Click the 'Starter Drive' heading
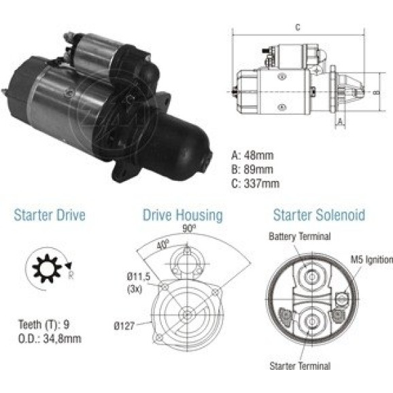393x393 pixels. [x=50, y=215]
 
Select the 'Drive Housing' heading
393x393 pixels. [x=182, y=216]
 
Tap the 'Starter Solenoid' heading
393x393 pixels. [x=319, y=215]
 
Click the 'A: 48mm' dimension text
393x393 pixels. [x=252, y=156]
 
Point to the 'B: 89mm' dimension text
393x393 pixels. [x=252, y=170]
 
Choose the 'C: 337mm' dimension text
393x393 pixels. [x=255, y=184]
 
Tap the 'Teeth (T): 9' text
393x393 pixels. [x=44, y=324]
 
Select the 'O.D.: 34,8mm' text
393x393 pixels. [x=50, y=339]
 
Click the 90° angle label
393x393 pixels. [x=189, y=228]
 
